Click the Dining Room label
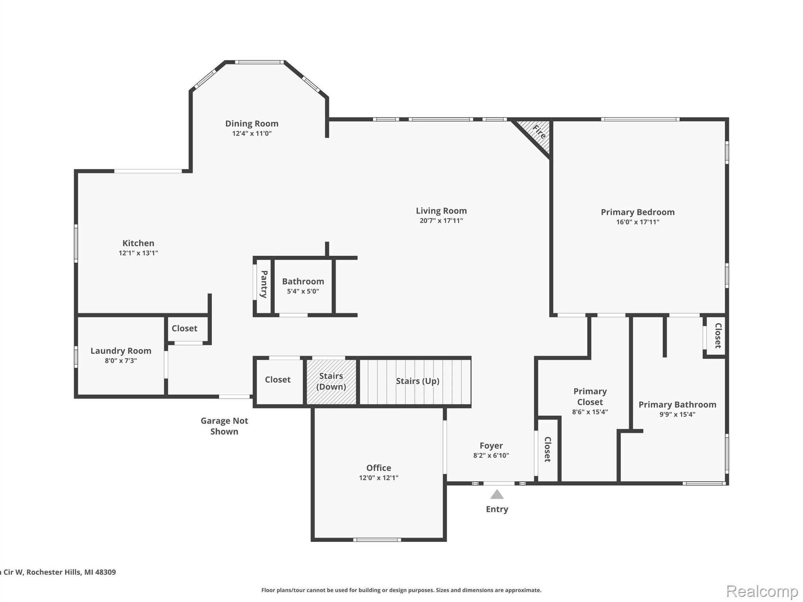tap(252, 123)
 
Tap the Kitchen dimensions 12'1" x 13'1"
tap(138, 253)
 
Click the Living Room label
tap(441, 211)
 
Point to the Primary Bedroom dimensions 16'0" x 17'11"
tap(638, 222)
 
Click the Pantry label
tap(264, 284)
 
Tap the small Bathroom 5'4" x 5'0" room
tap(303, 286)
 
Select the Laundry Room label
tap(121, 351)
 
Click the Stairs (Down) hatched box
tap(331, 381)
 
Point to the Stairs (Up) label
tap(417, 381)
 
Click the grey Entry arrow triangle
tap(497, 495)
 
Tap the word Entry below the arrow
tap(497, 509)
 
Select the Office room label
tap(378, 468)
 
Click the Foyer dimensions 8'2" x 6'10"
tap(491, 455)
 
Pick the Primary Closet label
tap(590, 397)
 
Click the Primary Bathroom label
tap(677, 404)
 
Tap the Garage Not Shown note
tap(224, 426)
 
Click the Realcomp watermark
tap(762, 591)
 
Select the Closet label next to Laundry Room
tap(184, 328)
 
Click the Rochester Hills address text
tap(59, 572)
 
